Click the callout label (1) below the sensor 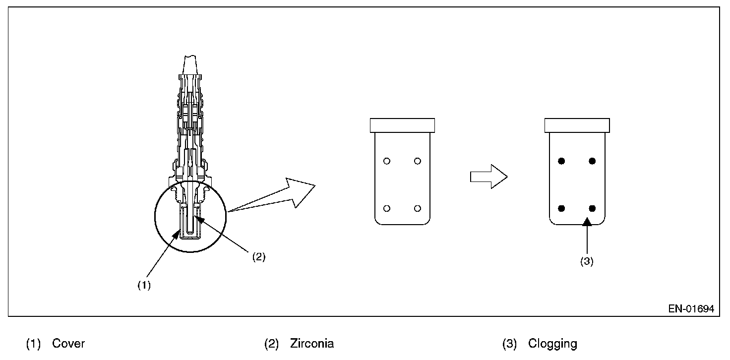coord(144,286)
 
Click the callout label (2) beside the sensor coord(258,257)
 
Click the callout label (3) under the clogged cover coord(587,262)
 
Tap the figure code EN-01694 coord(691,309)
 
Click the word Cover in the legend coord(68,344)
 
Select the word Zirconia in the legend coord(312,344)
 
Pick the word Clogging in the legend coord(552,344)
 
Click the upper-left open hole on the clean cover coord(387,161)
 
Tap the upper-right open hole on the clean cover coord(417,161)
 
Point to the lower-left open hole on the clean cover coord(387,208)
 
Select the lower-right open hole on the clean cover coord(417,208)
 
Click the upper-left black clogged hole coord(561,161)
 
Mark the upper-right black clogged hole coord(592,161)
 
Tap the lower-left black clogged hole coord(561,208)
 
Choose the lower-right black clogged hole coord(592,208)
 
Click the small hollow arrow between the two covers coord(488,177)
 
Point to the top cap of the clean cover coord(402,125)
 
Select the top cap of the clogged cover coord(577,125)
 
